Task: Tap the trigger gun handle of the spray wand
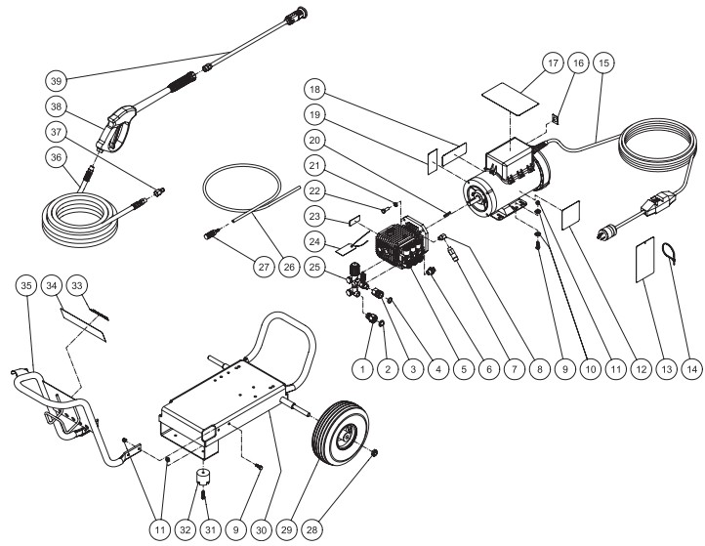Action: click(114, 132)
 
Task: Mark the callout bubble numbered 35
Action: click(27, 285)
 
